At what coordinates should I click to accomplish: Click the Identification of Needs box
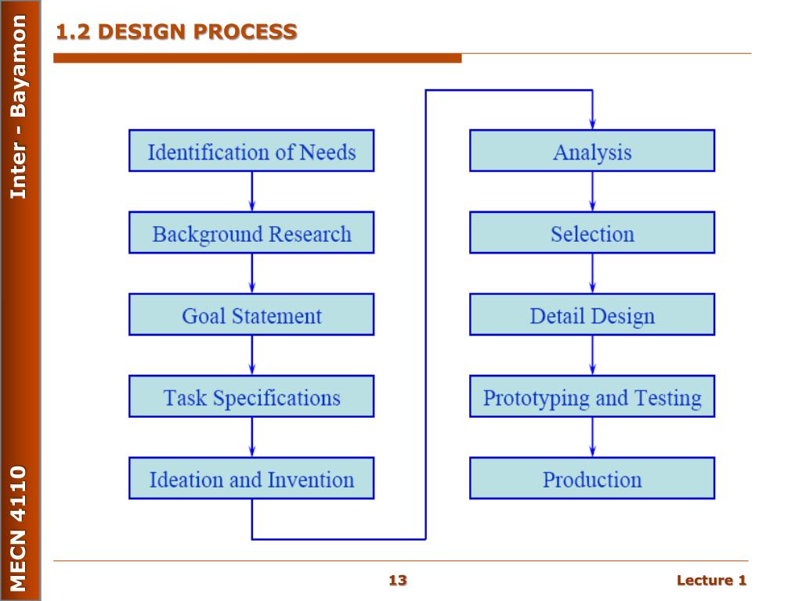[x=251, y=151]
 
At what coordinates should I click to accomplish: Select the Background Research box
[x=251, y=233]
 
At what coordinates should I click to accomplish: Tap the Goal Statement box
[x=251, y=315]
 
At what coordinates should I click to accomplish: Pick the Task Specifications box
[x=251, y=397]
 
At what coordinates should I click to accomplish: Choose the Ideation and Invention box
[x=251, y=479]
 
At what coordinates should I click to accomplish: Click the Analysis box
[x=592, y=151]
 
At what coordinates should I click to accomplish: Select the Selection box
[x=592, y=233]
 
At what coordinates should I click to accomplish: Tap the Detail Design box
[x=592, y=315]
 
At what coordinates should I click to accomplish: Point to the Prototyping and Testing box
[x=592, y=397]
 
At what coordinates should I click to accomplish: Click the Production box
[x=592, y=479]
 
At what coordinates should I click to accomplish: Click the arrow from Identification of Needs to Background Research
[x=251, y=192]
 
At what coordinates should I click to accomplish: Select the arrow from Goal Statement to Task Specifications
[x=251, y=356]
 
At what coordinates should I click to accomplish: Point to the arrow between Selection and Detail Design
[x=592, y=274]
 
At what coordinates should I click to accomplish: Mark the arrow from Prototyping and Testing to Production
[x=592, y=437]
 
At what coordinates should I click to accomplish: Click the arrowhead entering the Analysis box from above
[x=592, y=124]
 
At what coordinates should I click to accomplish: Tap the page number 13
[x=398, y=580]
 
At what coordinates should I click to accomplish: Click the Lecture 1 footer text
[x=711, y=580]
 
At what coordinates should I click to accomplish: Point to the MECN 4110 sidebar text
[x=19, y=528]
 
